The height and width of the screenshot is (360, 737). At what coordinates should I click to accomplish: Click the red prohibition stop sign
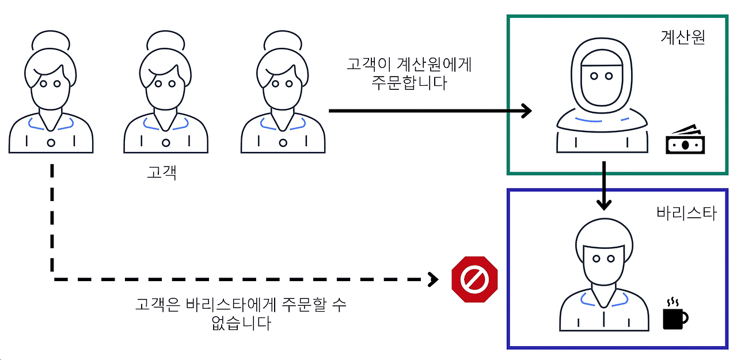pos(475,279)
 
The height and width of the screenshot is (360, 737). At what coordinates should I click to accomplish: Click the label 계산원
pos(682,38)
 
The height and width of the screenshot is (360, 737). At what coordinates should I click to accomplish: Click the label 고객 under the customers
pos(162,172)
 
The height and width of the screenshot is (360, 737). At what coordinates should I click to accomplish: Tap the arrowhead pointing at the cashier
pos(525,110)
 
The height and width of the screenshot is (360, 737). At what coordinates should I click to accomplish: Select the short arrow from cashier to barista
pos(603,185)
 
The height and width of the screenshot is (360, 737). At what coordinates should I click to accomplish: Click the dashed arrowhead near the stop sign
pos(432,280)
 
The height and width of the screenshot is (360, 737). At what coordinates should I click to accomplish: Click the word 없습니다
pos(241,323)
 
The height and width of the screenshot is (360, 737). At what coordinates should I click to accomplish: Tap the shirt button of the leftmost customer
pos(51,142)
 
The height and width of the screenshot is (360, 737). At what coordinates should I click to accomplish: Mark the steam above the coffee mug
pos(672,302)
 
